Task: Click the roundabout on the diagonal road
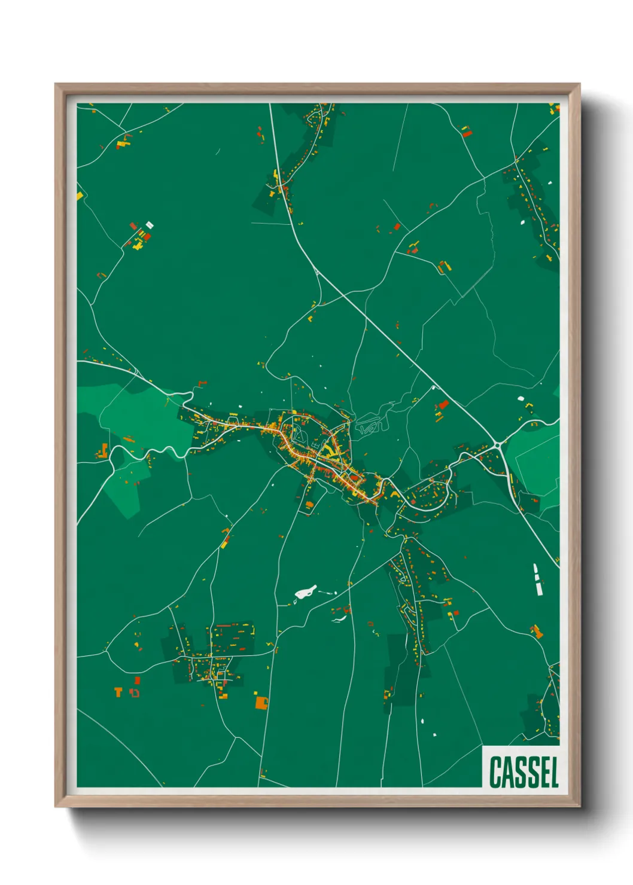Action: pyautogui.click(x=498, y=444)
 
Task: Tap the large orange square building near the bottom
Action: pyautogui.click(x=261, y=702)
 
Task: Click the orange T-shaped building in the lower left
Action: pyautogui.click(x=118, y=692)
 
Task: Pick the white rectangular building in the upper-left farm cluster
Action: pyautogui.click(x=150, y=225)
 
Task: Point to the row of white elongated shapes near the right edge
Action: pyautogui.click(x=537, y=579)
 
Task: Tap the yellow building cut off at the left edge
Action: pyautogui.click(x=80, y=196)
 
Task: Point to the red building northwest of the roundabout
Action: pyautogui.click(x=443, y=405)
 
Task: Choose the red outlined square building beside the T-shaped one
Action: pyautogui.click(x=135, y=692)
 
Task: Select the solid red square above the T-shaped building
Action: pyautogui.click(x=138, y=680)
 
